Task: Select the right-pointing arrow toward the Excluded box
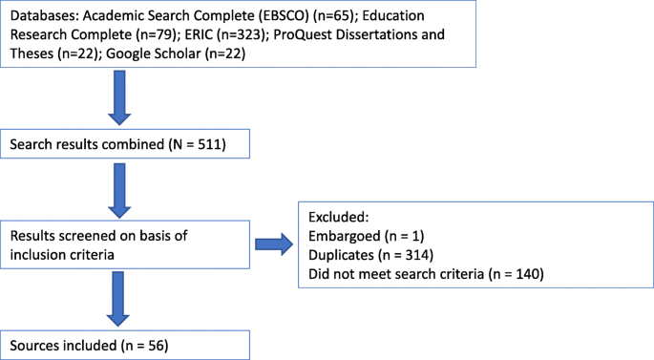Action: [x=275, y=245]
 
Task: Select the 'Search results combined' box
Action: [x=129, y=145]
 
